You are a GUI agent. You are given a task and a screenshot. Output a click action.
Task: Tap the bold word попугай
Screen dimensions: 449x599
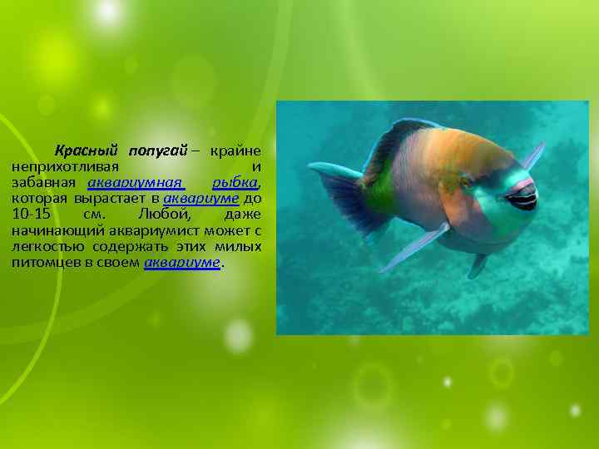[158, 150]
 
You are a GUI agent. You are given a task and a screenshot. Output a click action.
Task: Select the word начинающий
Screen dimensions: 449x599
[57, 231]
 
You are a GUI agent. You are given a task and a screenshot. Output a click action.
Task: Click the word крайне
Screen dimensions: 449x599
[235, 150]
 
